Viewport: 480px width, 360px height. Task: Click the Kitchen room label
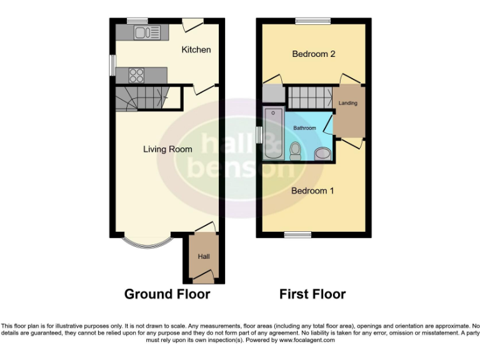click(x=196, y=49)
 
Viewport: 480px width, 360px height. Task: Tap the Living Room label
click(x=167, y=149)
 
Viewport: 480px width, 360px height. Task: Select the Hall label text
click(x=204, y=257)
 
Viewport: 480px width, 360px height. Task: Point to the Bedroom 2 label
click(x=314, y=54)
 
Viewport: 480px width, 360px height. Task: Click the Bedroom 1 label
click(x=312, y=191)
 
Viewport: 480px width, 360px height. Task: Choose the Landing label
click(x=348, y=103)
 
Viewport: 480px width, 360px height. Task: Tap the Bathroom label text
click(x=305, y=128)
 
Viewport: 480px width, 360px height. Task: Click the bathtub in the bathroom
click(x=273, y=133)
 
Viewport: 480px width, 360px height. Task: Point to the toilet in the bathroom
click(x=296, y=150)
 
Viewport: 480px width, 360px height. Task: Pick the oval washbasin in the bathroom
click(x=322, y=153)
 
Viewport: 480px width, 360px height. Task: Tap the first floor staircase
click(x=309, y=97)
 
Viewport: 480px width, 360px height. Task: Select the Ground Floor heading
click(x=167, y=294)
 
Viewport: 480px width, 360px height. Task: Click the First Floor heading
click(x=312, y=294)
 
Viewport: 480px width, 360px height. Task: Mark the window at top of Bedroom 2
click(x=313, y=21)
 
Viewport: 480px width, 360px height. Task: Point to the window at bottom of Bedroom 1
click(x=297, y=235)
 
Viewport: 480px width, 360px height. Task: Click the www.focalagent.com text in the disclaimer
click(x=307, y=340)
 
